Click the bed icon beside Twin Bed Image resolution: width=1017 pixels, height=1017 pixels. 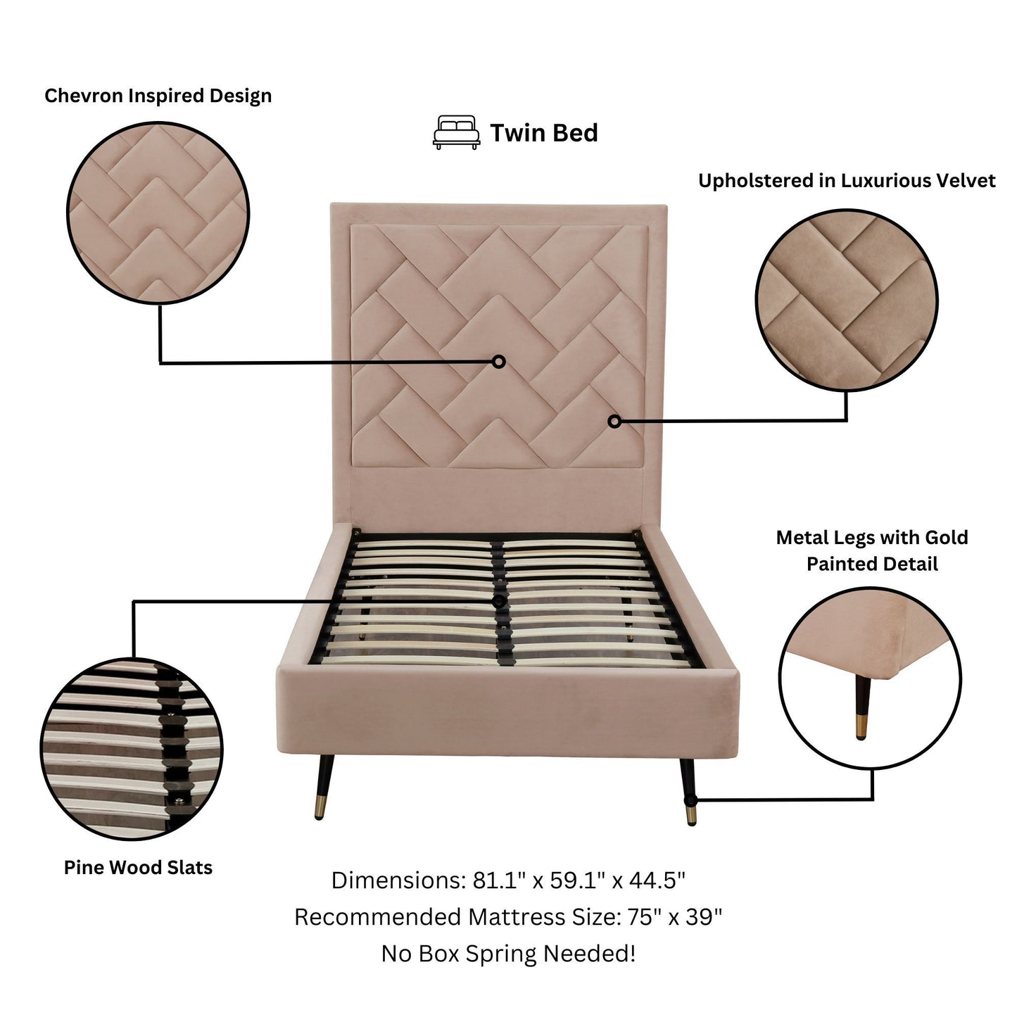pos(456,132)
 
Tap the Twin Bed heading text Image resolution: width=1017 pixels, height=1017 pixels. pos(543,132)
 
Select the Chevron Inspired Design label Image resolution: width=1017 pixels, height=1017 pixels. pos(158,96)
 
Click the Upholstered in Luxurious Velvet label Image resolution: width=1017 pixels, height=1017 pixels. pos(847,181)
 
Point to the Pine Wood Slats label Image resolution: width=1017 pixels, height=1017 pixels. pos(138,867)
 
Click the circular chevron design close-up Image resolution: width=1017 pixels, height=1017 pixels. pos(158,213)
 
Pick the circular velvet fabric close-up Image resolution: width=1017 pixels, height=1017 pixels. pos(847,301)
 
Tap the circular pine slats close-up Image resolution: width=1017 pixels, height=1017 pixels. pos(132,749)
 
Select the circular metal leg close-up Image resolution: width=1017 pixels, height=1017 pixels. pos(870,678)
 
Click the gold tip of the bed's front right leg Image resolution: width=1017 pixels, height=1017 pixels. pos(691,816)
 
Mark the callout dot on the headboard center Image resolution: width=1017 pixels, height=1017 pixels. pos(498,362)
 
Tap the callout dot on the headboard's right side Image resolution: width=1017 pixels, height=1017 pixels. pos(614,421)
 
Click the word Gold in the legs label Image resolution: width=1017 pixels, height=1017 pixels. pos(946,538)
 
